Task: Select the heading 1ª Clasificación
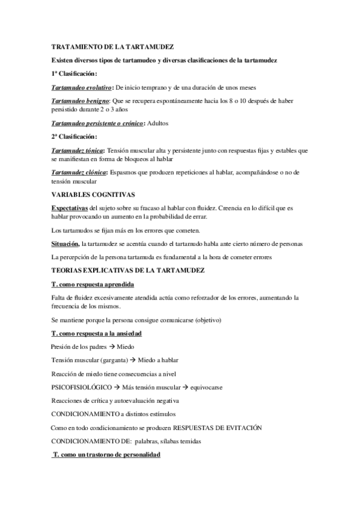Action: (74, 73)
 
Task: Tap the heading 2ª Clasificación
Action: (74, 137)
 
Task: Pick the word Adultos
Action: (158, 123)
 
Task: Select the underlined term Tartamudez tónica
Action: (78, 150)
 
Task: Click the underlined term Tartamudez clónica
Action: (79, 173)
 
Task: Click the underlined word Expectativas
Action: (69, 208)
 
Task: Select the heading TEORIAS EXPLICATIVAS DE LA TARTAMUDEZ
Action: (129, 271)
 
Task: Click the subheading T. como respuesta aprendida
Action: (93, 284)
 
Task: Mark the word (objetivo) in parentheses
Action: (204, 319)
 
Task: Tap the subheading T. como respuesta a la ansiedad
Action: (97, 333)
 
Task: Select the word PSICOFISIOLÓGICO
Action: (81, 387)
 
